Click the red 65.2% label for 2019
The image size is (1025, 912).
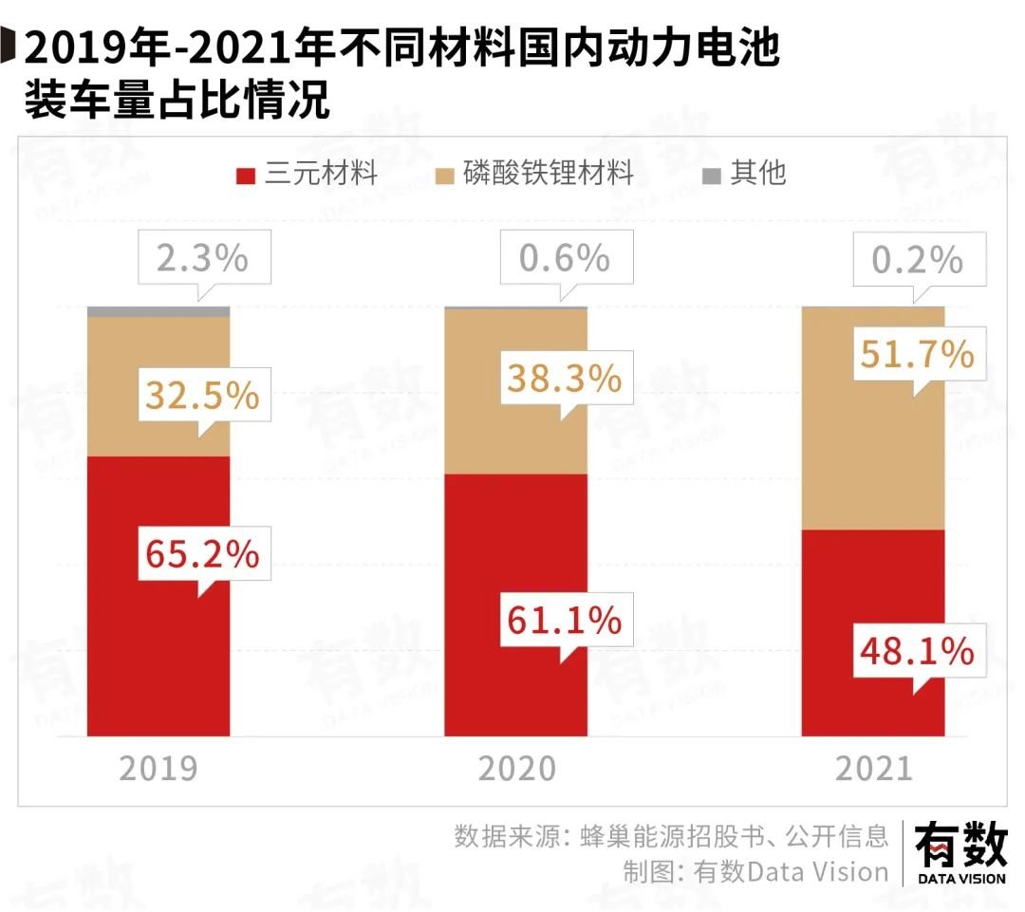pos(202,553)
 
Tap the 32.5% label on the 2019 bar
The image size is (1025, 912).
pos(202,395)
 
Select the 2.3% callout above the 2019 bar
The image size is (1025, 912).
pos(202,258)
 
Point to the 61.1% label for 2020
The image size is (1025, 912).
pos(564,621)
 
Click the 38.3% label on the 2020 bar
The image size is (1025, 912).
pos(564,379)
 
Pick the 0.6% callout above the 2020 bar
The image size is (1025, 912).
pos(564,258)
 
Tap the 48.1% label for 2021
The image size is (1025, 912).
pos(917,651)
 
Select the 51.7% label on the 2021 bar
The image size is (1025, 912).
pos(917,354)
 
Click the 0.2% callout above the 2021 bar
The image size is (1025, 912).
pos(917,259)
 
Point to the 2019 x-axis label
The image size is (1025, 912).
pos(158,768)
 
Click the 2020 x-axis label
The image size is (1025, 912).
pos(516,768)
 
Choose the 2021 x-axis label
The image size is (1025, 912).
pos(873,768)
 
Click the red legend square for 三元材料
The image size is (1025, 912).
pos(246,176)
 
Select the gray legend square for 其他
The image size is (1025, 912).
pos(711,176)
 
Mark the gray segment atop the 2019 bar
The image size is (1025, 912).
pos(158,311)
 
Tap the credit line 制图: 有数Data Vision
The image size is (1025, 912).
pos(755,871)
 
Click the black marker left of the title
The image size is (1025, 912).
pos(7,46)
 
